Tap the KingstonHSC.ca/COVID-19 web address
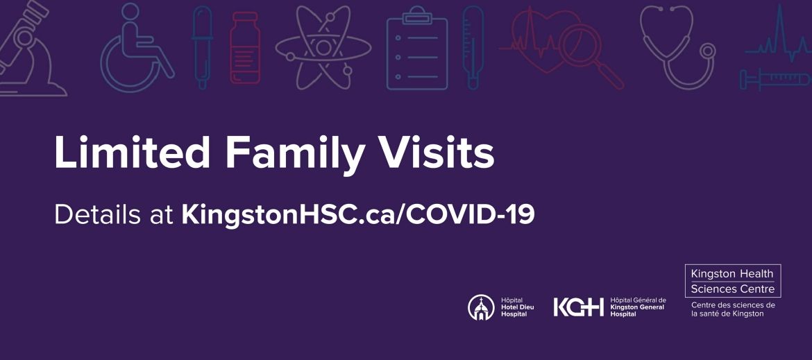[x=357, y=214]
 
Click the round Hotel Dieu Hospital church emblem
[x=481, y=307]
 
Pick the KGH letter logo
[x=578, y=307]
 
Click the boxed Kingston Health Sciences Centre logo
[x=733, y=281]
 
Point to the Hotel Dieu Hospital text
[x=517, y=307]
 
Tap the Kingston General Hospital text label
[x=637, y=307]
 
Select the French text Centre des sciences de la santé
[x=733, y=309]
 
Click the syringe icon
[x=774, y=80]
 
